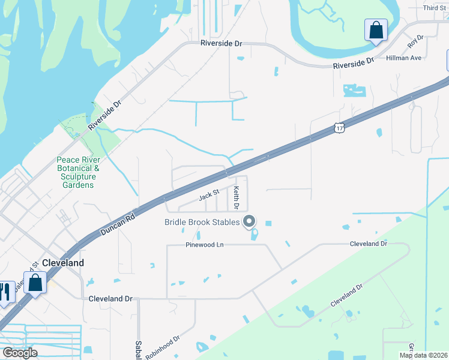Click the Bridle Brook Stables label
coord(202,223)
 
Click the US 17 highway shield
coord(340,128)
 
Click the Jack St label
coord(208,196)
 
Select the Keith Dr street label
coord(237,198)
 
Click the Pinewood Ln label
coord(203,245)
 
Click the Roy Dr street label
coord(415,41)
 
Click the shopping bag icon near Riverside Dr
coord(376,30)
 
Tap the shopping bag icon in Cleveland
coord(35,283)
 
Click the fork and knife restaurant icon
coord(5,293)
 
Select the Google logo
coord(20,353)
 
